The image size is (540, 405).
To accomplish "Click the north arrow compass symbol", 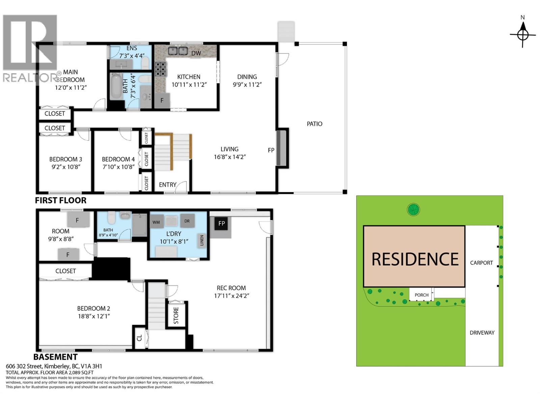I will tap(523, 34).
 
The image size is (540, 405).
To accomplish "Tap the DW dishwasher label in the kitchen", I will tap(196, 53).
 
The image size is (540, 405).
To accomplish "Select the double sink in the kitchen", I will tap(178, 51).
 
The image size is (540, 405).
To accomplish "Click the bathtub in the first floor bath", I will tap(116, 87).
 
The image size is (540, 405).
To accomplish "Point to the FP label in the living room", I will tap(271, 150).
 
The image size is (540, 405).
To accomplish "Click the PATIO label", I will tap(314, 124).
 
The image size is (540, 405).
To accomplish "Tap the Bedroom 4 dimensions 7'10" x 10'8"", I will tap(118, 167).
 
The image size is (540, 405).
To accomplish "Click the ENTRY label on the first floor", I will tap(168, 185).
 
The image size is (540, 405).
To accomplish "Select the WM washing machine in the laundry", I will tap(156, 222).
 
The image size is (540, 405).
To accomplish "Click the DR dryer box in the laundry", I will tap(187, 221).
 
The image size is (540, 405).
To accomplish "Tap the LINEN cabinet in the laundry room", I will tap(202, 241).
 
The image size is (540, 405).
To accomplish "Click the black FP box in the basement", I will tap(221, 223).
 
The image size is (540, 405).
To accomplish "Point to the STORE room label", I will tap(176, 315).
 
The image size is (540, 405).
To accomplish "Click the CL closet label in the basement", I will tap(139, 337).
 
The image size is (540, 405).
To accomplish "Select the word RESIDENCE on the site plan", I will tap(415, 259).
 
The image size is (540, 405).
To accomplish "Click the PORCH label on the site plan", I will tap(421, 295).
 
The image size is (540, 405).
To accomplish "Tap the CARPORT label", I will tap(481, 263).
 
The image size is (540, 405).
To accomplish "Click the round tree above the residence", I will tap(413, 210).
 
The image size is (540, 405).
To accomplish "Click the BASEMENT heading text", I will tap(56, 357).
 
